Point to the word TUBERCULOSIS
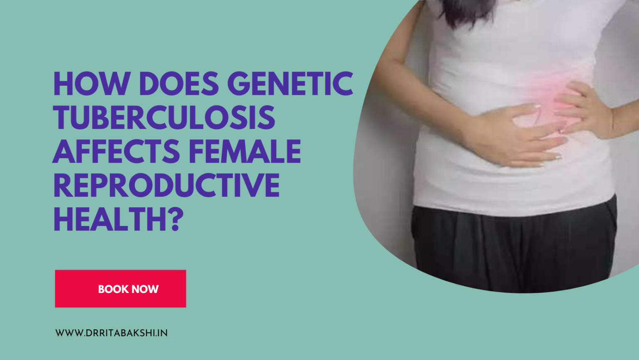click(x=164, y=117)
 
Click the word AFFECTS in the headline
click(x=116, y=151)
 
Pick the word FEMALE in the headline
click(x=245, y=151)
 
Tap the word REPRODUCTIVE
click(x=166, y=186)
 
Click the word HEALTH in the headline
click(x=111, y=219)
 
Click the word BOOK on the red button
click(x=113, y=289)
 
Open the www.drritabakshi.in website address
click(x=111, y=333)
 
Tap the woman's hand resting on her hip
click(x=582, y=108)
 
